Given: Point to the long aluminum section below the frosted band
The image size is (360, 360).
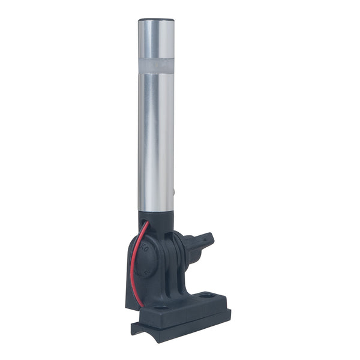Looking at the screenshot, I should pyautogui.click(x=157, y=138).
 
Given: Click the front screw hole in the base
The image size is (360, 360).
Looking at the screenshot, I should pyautogui.click(x=160, y=308).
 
